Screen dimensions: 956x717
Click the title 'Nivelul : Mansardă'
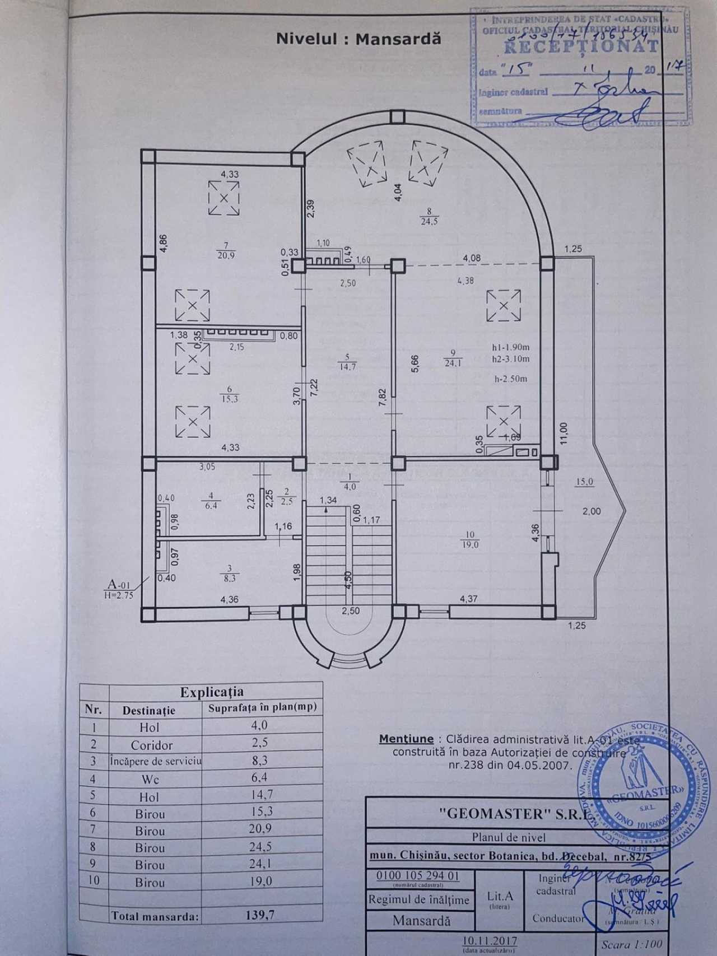(x=358, y=39)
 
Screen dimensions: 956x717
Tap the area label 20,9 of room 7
(x=226, y=255)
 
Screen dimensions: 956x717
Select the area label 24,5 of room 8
(x=429, y=221)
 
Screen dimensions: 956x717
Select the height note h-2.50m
(x=510, y=379)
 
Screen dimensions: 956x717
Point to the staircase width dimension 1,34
(x=328, y=500)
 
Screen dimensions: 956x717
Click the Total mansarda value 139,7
(x=260, y=915)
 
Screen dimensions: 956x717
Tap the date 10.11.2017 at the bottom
(x=490, y=941)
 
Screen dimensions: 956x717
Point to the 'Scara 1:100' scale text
(x=631, y=944)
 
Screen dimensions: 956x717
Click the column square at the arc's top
(x=397, y=117)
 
